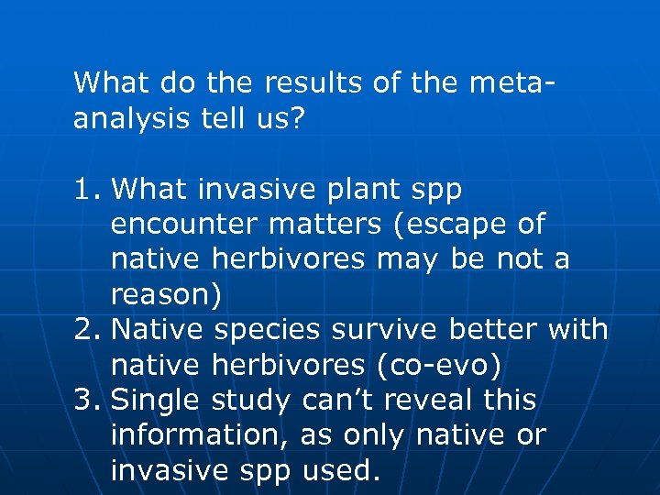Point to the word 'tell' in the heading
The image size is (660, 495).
[228, 118]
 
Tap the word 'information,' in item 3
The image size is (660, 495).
[195, 435]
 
